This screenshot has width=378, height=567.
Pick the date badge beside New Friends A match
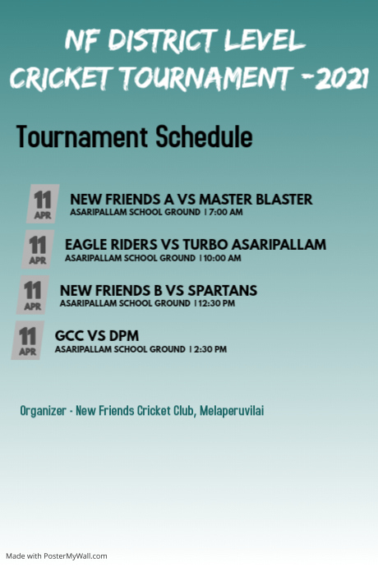44,203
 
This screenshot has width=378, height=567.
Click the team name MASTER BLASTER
256,199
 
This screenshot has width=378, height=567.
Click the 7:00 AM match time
226,212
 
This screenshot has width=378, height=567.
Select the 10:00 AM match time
223,258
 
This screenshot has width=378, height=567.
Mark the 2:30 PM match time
210,349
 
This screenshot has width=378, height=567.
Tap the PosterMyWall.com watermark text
79,555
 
